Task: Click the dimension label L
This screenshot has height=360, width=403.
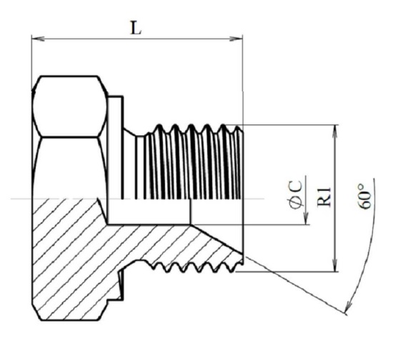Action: click(136, 29)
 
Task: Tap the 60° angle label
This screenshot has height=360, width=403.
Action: click(365, 196)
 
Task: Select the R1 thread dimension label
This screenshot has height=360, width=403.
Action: click(324, 197)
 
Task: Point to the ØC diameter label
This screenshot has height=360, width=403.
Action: click(296, 195)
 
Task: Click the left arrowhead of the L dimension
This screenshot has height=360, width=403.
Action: click(38, 39)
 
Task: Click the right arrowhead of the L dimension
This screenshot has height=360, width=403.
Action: click(236, 39)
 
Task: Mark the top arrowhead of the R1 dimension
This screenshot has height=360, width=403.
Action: click(334, 131)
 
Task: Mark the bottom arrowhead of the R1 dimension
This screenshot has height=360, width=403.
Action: click(334, 265)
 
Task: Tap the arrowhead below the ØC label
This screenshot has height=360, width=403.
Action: click(306, 219)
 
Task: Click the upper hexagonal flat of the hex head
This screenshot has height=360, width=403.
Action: click(70, 106)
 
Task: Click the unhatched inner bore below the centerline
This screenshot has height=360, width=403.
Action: click(149, 211)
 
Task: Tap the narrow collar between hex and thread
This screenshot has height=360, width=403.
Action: click(115, 148)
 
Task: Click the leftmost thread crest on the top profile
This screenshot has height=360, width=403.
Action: click(159, 126)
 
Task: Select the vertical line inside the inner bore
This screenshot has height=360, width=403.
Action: click(190, 211)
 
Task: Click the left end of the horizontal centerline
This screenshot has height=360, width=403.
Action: click(11, 199)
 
